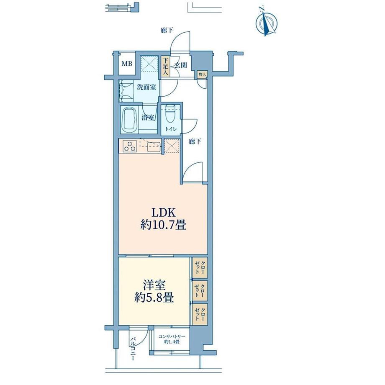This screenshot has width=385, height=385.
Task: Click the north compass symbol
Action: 267,22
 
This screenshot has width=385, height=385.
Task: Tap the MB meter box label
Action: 127,64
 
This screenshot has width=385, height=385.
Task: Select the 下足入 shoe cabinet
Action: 166,66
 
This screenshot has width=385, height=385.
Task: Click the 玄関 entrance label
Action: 181,65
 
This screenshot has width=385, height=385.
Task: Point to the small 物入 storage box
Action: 202,74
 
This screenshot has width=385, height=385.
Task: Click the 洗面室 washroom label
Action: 146,87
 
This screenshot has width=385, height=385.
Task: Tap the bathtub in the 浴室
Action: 129,120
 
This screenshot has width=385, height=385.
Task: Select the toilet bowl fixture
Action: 170,114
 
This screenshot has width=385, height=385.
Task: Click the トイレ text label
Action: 171,129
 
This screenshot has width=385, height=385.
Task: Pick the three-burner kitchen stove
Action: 129,146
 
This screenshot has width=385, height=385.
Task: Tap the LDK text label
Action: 163,213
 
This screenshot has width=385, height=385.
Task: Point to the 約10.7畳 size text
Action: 163,225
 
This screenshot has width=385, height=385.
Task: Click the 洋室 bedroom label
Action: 154,285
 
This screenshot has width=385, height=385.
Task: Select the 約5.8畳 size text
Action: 154,298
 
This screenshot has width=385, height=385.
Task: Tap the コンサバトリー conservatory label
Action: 172,336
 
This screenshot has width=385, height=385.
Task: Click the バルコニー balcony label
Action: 133,349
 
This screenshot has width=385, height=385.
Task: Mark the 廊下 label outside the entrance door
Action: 167,31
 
